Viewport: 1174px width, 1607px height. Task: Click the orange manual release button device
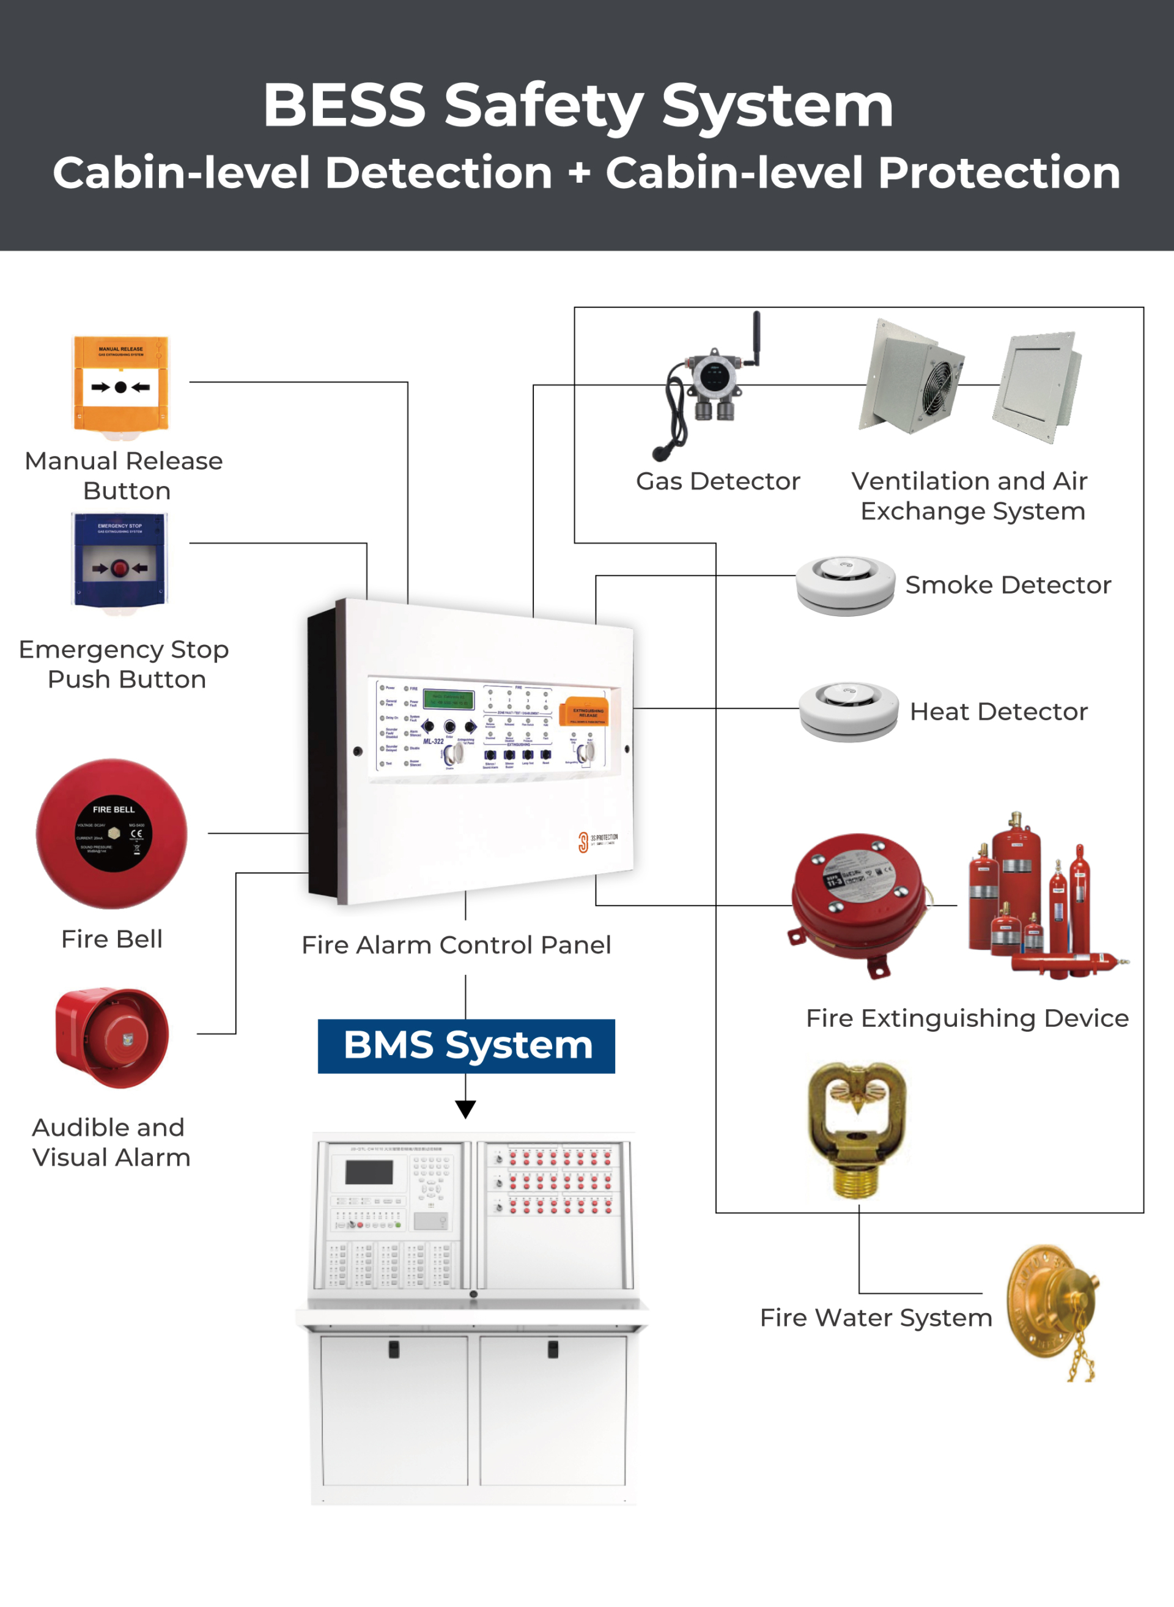121,384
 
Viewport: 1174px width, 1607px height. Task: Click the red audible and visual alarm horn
113,1037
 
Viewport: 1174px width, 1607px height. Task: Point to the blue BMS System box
466,1046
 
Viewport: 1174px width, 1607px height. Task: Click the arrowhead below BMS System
465,1108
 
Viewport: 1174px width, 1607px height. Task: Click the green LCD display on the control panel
448,698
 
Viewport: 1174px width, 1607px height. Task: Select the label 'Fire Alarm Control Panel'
456,945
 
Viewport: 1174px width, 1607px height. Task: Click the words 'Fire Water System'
876,1318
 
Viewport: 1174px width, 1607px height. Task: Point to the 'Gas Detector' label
718,481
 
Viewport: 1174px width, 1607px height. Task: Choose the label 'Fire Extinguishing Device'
967,1018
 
